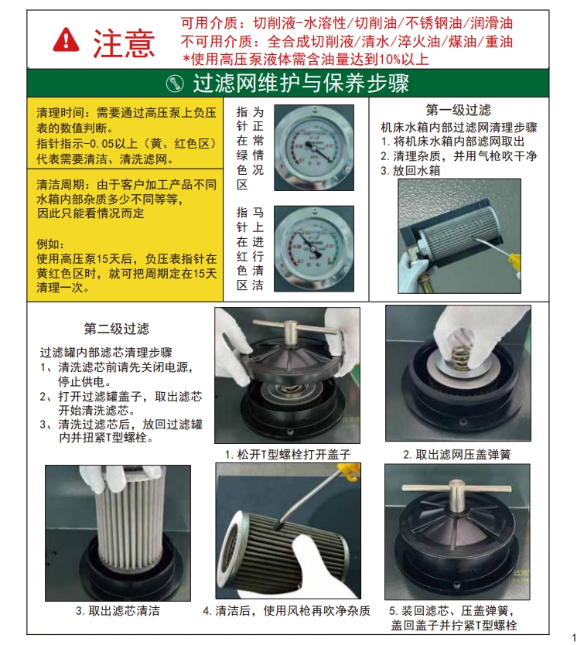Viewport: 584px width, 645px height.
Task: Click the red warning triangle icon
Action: [66, 40]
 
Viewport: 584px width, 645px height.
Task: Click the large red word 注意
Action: [124, 43]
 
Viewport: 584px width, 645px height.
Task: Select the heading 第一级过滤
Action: [459, 110]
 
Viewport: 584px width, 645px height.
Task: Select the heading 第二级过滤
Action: [117, 329]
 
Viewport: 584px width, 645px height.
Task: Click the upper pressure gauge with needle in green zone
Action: [314, 148]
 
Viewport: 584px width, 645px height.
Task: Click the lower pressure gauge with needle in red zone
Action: [314, 249]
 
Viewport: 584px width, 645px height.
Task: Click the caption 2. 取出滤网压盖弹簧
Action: [457, 455]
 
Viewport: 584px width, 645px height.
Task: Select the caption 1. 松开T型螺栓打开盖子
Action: [288, 455]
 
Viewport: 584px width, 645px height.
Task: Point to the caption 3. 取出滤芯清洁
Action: [118, 611]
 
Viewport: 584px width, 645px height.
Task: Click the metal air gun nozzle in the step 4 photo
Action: [306, 498]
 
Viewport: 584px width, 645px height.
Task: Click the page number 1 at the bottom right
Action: [574, 638]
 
